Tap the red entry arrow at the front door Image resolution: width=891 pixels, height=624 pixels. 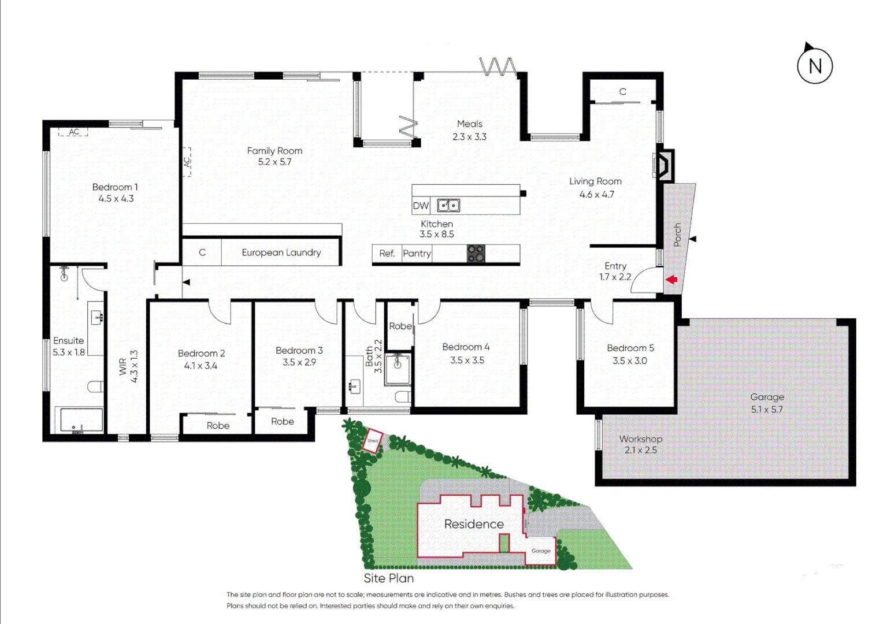tap(671, 280)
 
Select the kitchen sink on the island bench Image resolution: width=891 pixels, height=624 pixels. tap(448, 205)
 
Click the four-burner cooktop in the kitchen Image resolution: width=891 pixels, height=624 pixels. tap(476, 254)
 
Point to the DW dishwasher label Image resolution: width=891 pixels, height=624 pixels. tap(421, 206)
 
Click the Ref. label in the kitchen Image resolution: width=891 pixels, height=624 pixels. tap(387, 254)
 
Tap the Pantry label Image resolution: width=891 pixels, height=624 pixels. tap(417, 254)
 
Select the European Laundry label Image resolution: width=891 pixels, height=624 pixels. tap(281, 252)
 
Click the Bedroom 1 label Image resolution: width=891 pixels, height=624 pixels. tap(115, 187)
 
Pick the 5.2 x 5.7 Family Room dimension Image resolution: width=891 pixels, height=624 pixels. tap(274, 162)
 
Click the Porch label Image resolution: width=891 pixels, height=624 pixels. tap(677, 235)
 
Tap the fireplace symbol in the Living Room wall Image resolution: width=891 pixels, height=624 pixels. tap(663, 165)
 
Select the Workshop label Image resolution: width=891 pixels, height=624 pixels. tap(640, 439)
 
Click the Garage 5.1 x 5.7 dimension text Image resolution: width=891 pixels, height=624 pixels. tap(767, 410)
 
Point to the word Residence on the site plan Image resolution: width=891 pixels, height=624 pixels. tap(474, 524)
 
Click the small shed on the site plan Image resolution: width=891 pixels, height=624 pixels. tap(373, 440)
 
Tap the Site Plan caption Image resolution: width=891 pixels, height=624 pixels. tap(388, 578)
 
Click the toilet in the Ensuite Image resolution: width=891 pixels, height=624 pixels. tap(96, 387)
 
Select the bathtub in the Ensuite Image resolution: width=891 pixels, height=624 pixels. tap(79, 420)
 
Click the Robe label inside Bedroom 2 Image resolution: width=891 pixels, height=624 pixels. tap(218, 426)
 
